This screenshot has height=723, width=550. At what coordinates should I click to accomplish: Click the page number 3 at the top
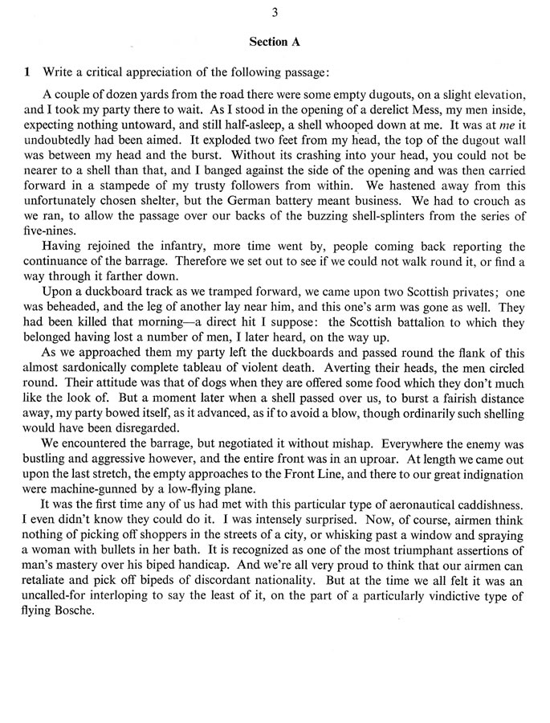(x=275, y=11)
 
